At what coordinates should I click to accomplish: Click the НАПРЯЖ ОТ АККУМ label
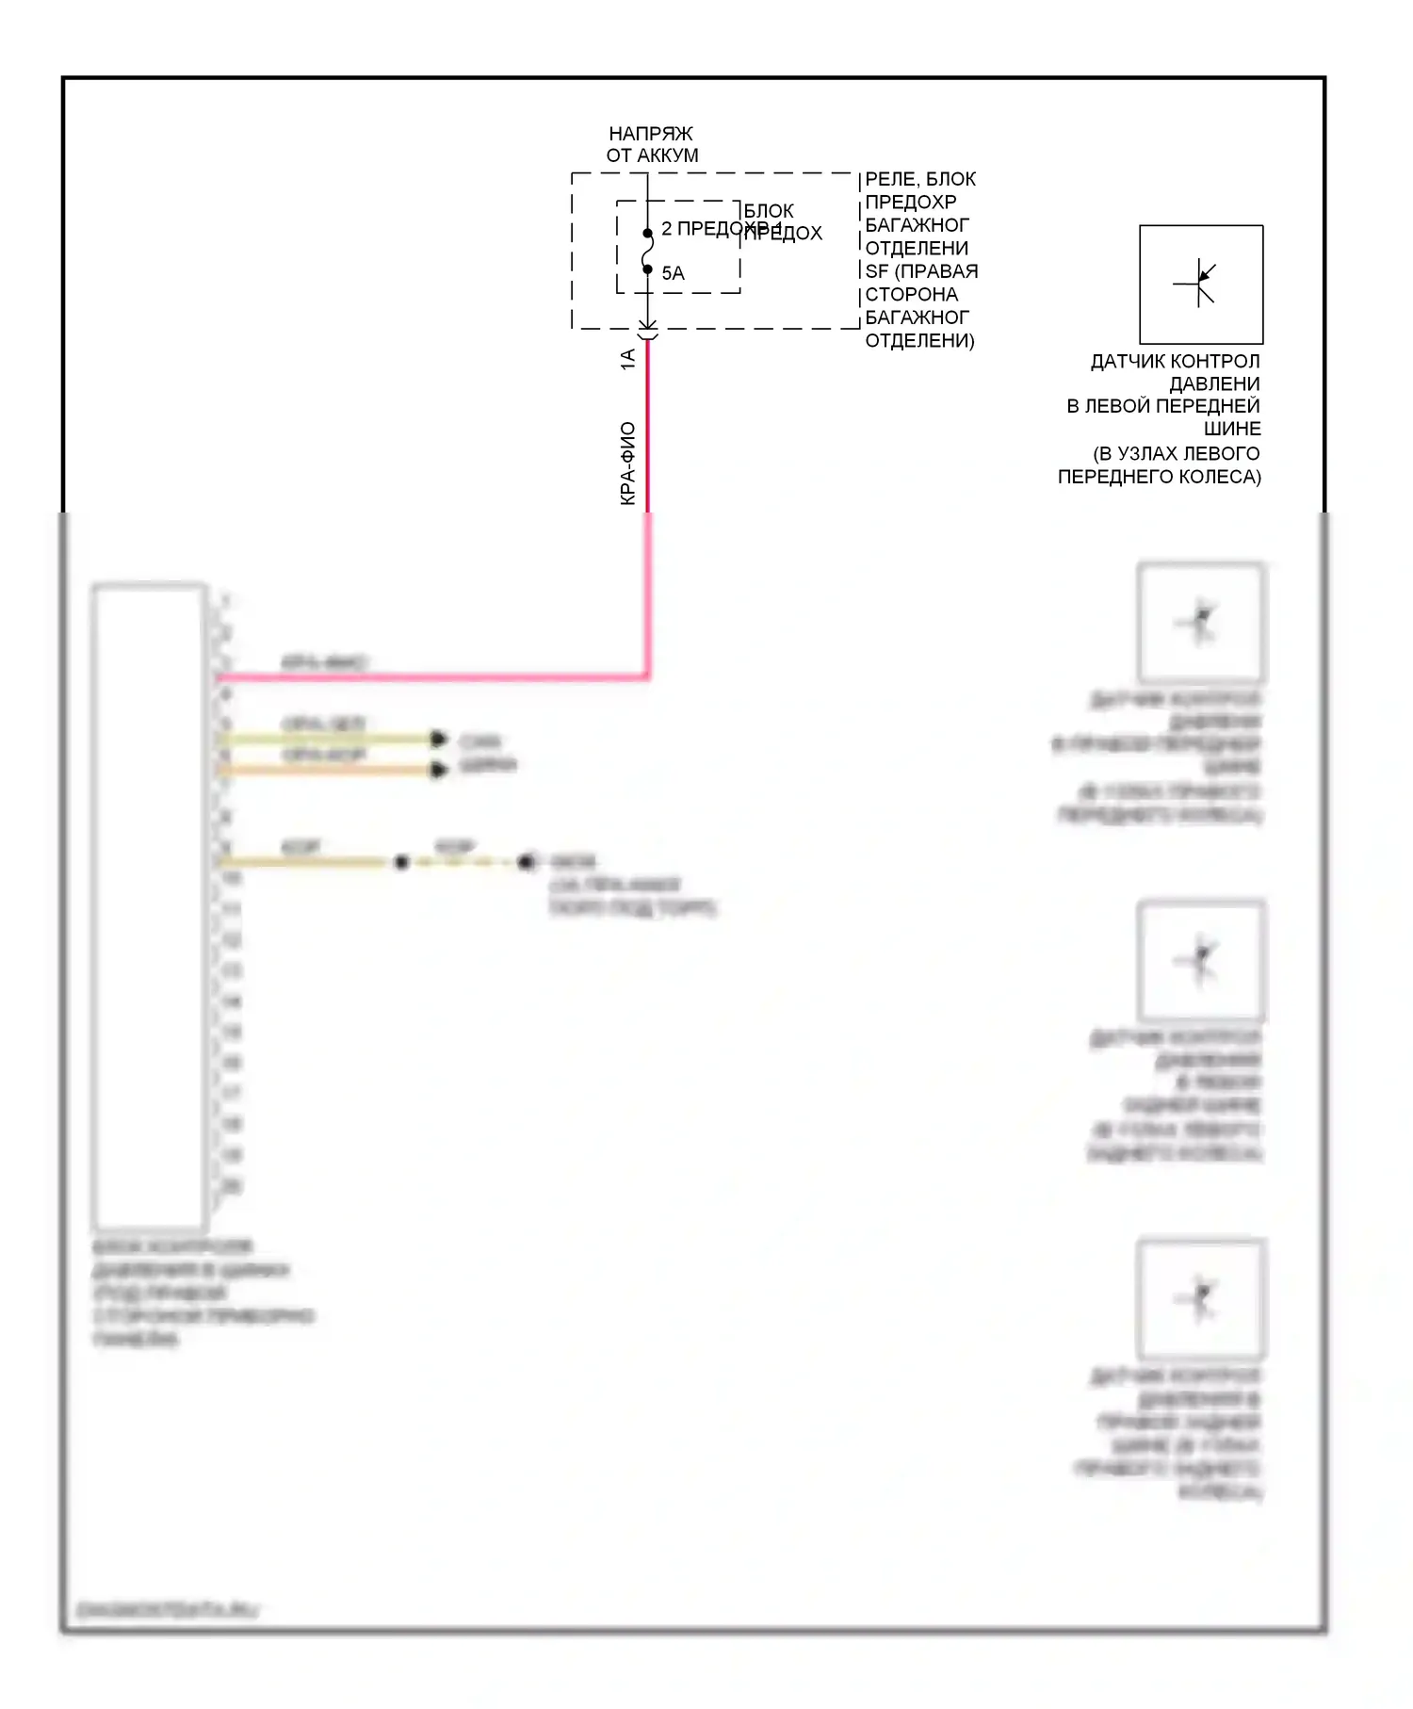click(652, 144)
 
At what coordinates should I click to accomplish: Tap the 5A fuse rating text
click(673, 273)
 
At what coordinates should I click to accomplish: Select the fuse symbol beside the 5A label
click(647, 252)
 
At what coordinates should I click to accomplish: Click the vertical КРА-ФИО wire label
click(627, 464)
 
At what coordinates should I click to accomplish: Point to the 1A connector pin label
click(627, 359)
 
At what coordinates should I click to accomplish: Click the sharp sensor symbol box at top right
click(1201, 284)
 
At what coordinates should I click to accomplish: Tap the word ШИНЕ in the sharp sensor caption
click(1232, 429)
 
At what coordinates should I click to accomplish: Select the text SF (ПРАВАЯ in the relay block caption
click(921, 271)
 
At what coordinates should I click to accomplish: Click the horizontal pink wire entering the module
click(433, 676)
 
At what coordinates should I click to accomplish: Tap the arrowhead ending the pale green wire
click(438, 739)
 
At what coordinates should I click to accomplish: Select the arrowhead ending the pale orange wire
click(438, 770)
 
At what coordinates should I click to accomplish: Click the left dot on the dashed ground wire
click(401, 862)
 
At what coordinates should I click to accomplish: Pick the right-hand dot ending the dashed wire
click(526, 862)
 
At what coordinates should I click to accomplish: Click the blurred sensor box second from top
click(1201, 622)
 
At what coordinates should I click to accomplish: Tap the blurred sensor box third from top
click(1201, 960)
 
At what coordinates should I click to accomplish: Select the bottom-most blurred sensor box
click(1201, 1297)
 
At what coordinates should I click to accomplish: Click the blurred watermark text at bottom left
click(167, 1610)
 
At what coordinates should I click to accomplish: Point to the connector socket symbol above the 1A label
click(647, 332)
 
